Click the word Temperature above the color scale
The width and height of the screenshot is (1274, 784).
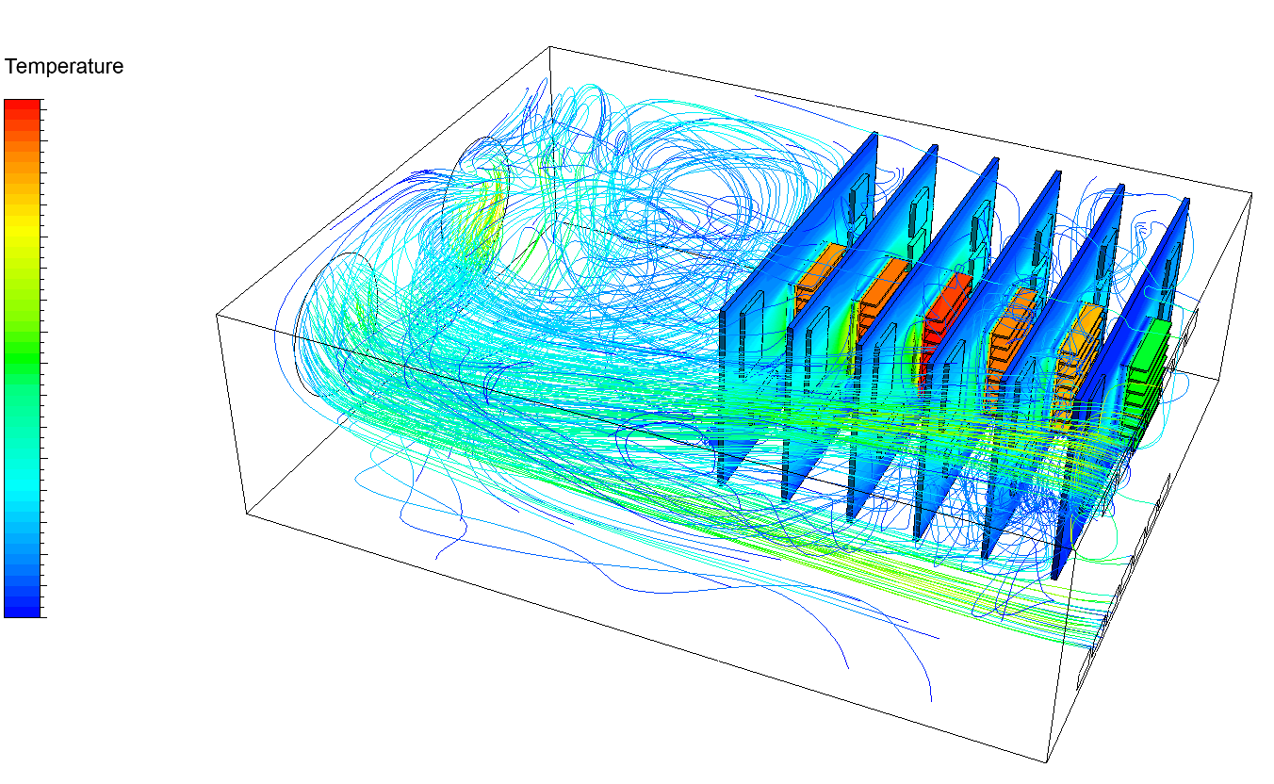click(x=64, y=67)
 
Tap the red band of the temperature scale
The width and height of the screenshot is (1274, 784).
click(x=22, y=109)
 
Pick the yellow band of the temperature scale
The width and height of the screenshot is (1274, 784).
click(x=22, y=221)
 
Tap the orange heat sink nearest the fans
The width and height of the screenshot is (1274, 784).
click(x=818, y=273)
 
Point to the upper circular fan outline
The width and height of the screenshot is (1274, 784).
click(x=481, y=203)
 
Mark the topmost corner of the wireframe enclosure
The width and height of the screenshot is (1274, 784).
click(x=549, y=46)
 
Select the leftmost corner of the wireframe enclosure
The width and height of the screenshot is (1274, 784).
click(x=217, y=315)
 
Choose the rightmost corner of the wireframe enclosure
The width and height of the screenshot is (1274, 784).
click(x=1251, y=193)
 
